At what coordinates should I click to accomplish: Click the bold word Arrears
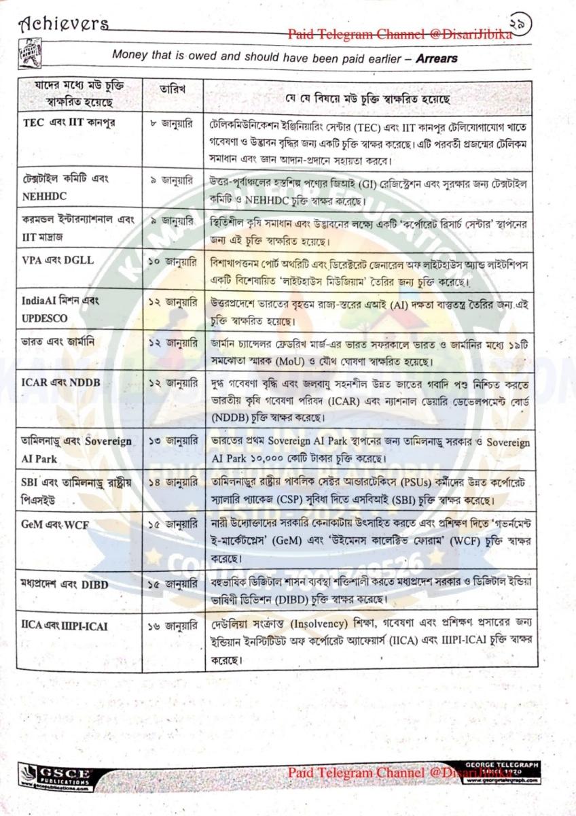coord(435,58)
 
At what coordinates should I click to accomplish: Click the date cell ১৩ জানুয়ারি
coord(173,443)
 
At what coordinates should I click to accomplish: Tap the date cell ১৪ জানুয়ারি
coord(173,483)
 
